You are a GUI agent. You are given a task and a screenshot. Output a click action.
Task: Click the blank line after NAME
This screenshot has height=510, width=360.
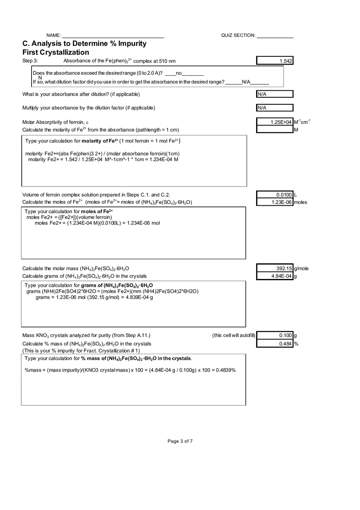coord(113,36)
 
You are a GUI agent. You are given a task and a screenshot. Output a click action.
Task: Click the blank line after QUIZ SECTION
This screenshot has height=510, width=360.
coord(275,36)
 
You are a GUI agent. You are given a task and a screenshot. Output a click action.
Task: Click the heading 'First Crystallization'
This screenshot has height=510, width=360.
coord(56,52)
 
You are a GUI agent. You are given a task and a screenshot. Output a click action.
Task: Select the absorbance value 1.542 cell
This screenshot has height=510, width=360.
coord(275,61)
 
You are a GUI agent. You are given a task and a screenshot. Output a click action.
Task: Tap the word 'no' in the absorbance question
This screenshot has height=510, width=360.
coord(178,73)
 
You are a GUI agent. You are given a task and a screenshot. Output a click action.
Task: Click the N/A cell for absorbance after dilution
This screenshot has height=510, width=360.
coord(275,94)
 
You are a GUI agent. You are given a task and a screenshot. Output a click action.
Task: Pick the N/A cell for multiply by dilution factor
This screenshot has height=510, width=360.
coord(275,108)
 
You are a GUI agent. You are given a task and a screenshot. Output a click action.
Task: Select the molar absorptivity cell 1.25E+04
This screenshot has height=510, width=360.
coord(275,122)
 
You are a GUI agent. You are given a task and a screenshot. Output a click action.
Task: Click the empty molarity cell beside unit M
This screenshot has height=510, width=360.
coord(275,130)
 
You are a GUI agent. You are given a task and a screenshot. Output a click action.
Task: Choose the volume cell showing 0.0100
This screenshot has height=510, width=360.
coord(275,195)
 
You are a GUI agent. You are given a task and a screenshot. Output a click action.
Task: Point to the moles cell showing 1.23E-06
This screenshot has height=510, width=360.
coord(275,202)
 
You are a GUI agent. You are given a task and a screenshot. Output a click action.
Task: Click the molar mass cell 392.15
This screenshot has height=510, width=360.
coord(275,268)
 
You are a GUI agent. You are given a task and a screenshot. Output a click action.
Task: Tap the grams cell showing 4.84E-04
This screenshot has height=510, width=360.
coord(275,276)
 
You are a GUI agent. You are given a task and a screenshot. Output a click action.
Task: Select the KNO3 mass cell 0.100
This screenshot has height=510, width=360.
coord(275,335)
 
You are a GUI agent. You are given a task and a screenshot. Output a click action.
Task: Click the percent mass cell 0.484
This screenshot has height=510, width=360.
coord(275,344)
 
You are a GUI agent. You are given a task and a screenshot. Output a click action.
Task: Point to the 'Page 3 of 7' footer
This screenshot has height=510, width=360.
coord(180,441)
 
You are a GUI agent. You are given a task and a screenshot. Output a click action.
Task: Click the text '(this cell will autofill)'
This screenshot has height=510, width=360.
coord(234,335)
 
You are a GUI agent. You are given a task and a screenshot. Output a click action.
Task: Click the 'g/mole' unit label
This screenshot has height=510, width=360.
coord(301,268)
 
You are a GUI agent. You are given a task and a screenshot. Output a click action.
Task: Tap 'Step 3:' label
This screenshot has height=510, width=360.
coord(30,61)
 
